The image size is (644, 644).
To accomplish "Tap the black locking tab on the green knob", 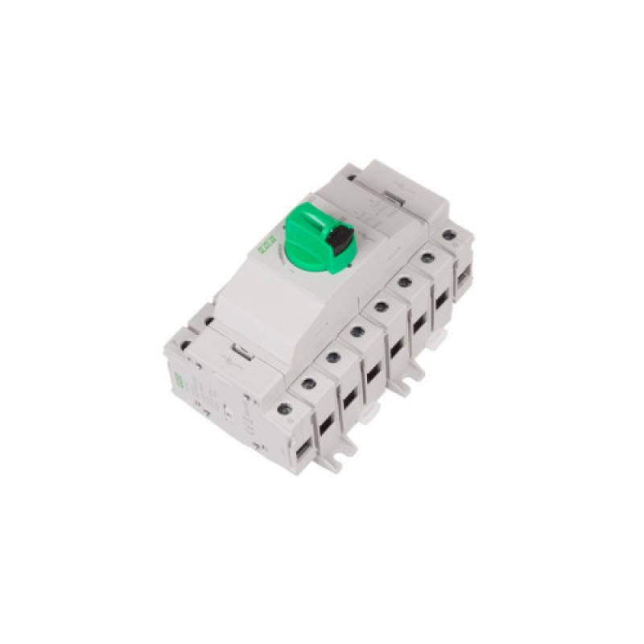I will click(x=341, y=237).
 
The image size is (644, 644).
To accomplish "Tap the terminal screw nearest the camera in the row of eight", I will click(x=283, y=408).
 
